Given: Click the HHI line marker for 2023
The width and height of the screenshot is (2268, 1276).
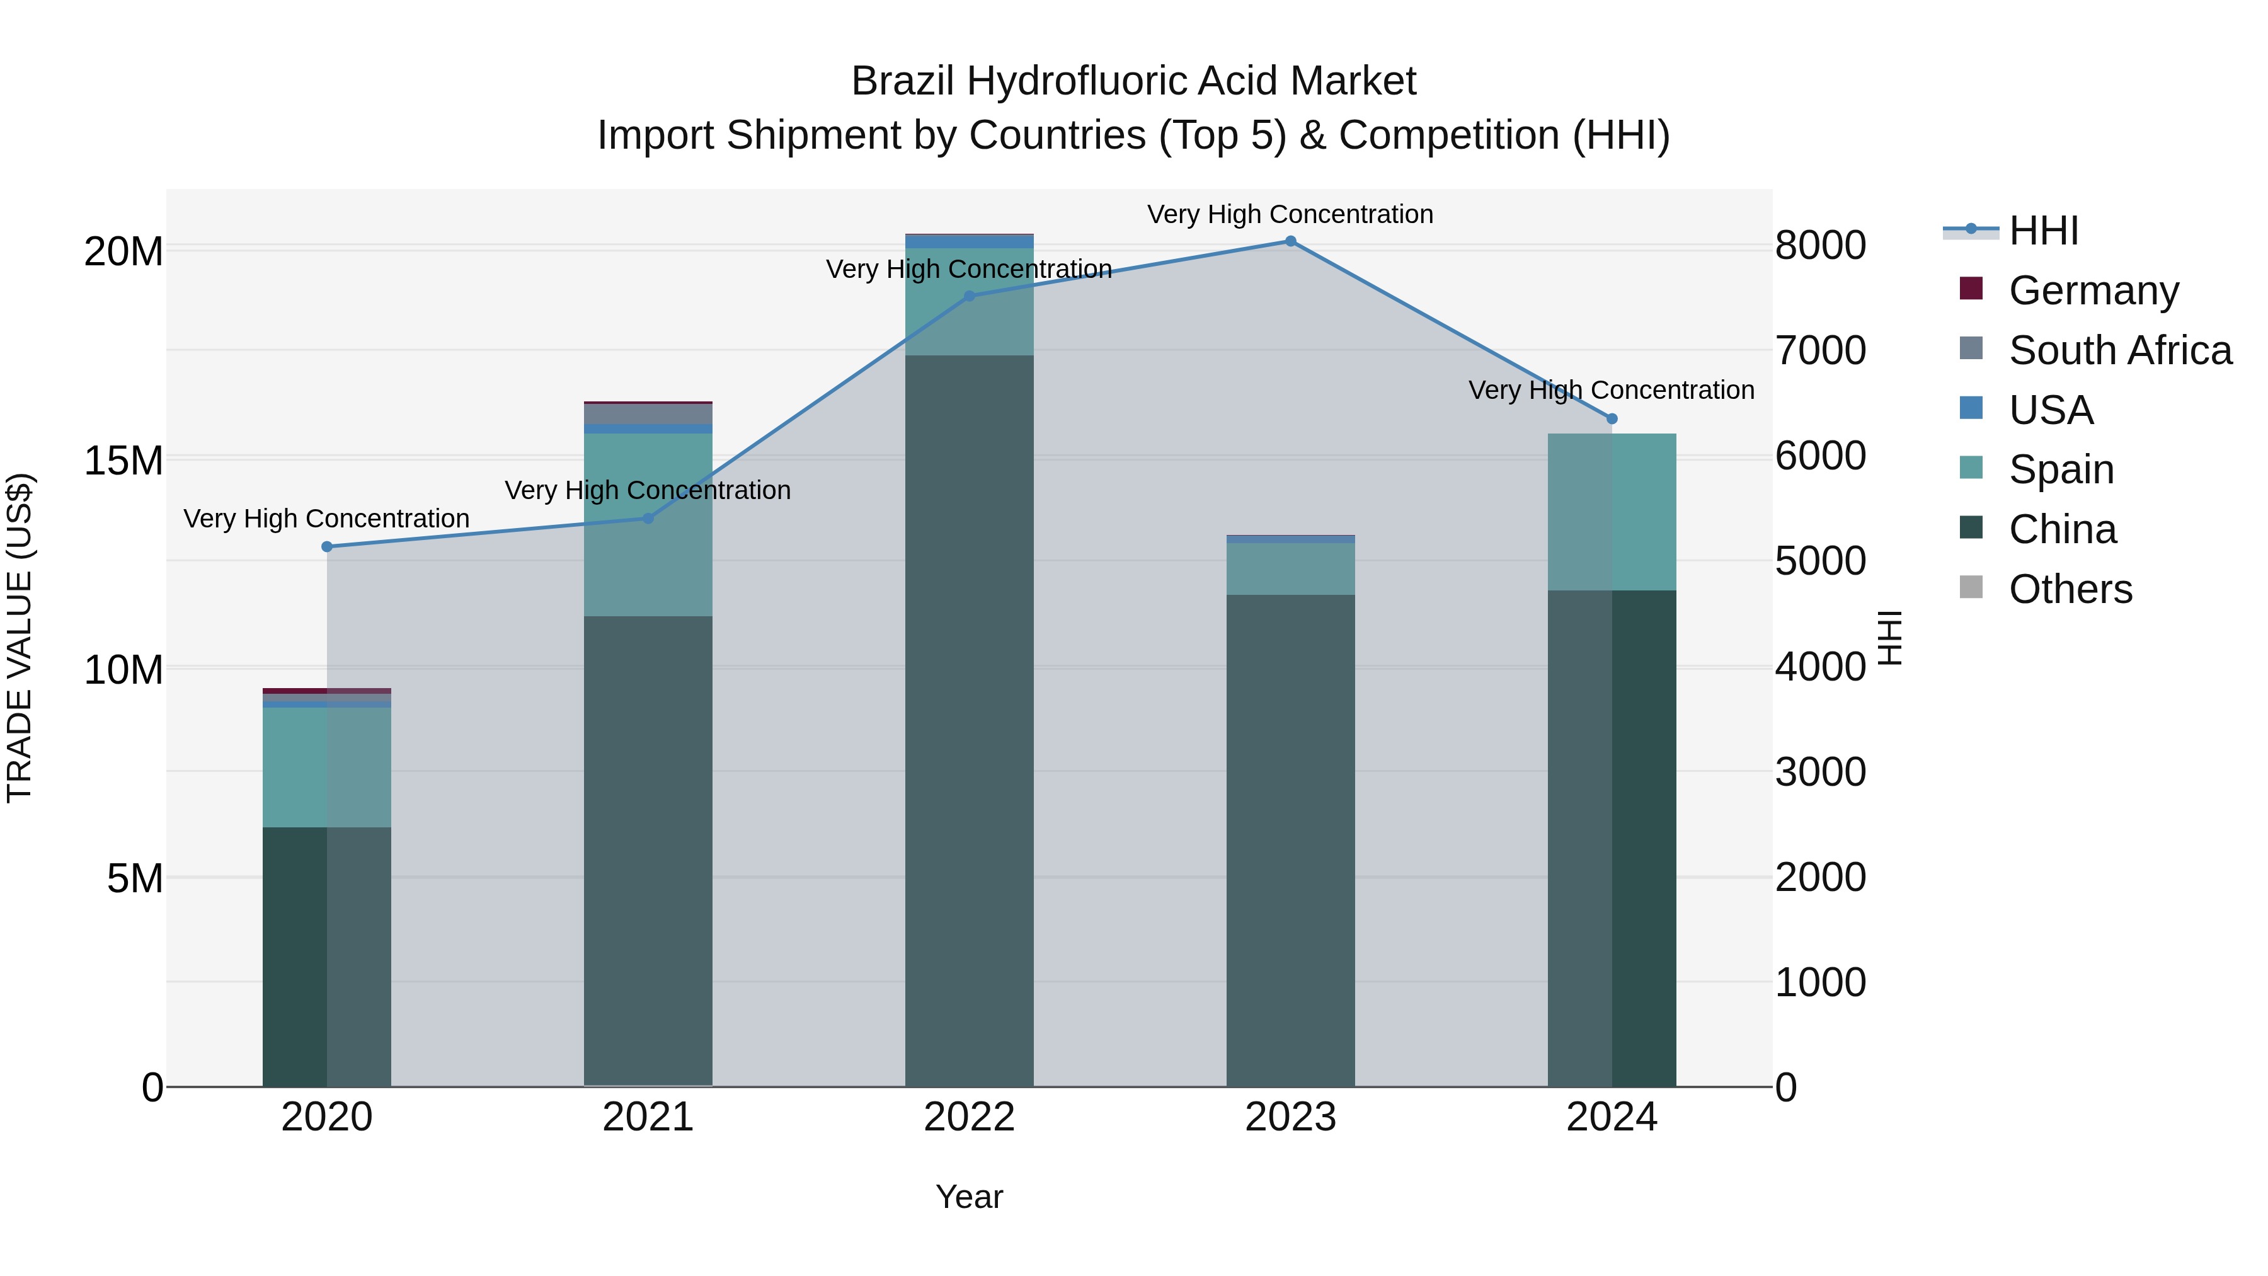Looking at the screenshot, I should pos(1291,241).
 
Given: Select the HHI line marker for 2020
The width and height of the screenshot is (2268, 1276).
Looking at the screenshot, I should pos(326,547).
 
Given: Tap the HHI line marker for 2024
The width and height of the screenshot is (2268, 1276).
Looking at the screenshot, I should pos(1612,419).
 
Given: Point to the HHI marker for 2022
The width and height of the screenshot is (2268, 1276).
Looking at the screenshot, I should pos(970,297).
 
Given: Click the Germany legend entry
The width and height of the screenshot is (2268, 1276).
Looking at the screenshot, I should pos(2093,290).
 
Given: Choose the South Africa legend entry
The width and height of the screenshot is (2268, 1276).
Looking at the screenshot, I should pos(2119,350).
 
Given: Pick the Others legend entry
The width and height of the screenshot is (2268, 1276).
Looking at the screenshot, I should pos(2070,589).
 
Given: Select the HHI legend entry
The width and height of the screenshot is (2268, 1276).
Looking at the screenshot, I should pos(2042,231).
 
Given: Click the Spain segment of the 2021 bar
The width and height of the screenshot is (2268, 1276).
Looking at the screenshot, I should pos(648,525).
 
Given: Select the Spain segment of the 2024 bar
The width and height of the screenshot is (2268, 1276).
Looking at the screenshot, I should pos(1612,512).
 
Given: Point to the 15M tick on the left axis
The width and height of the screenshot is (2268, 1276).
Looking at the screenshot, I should pos(123,461).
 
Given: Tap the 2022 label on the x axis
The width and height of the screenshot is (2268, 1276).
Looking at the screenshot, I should pos(970,1117).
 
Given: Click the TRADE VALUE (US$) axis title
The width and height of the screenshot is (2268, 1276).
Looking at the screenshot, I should pos(20,638).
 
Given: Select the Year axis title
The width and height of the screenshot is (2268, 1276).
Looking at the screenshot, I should pos(970,1197).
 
